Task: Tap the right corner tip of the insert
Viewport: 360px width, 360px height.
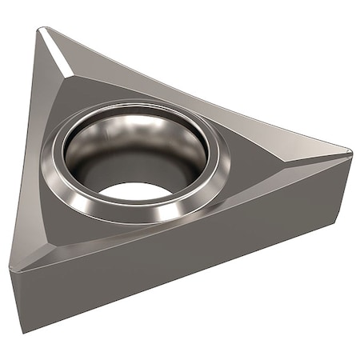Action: coord(350,150)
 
